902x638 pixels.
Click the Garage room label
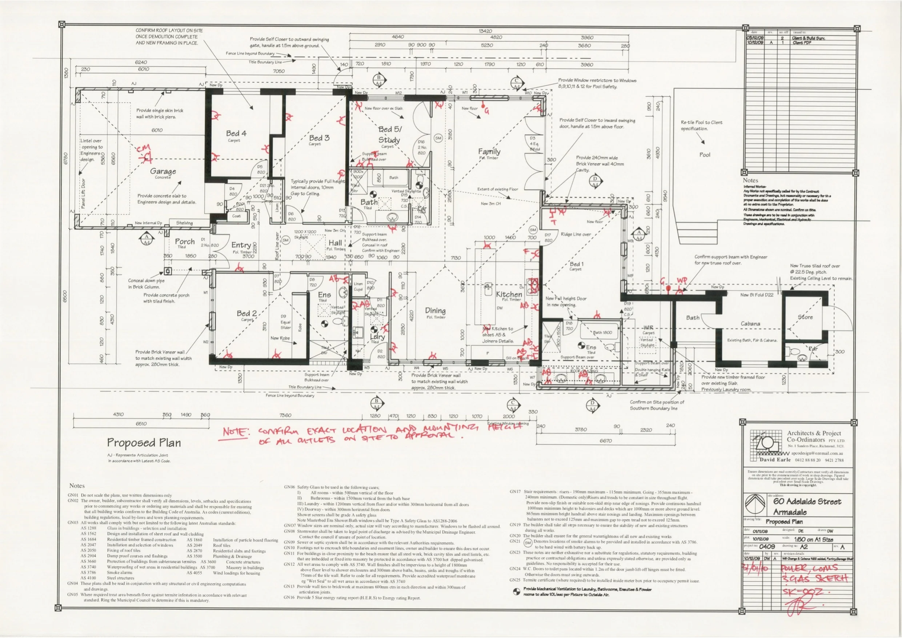[x=163, y=171]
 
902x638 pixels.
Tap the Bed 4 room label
[x=236, y=133]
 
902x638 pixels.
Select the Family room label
[x=489, y=151]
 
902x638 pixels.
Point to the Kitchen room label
[x=509, y=294]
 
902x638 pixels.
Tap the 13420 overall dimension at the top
[x=485, y=31]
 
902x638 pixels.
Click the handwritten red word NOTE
[x=235, y=432]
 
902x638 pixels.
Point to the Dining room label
[x=435, y=311]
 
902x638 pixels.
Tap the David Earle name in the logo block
[x=775, y=459]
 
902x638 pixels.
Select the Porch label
[x=185, y=242]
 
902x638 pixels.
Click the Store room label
[x=805, y=317]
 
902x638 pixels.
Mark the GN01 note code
[x=73, y=495]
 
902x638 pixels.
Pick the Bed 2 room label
[x=247, y=313]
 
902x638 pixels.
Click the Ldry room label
[x=377, y=337]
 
